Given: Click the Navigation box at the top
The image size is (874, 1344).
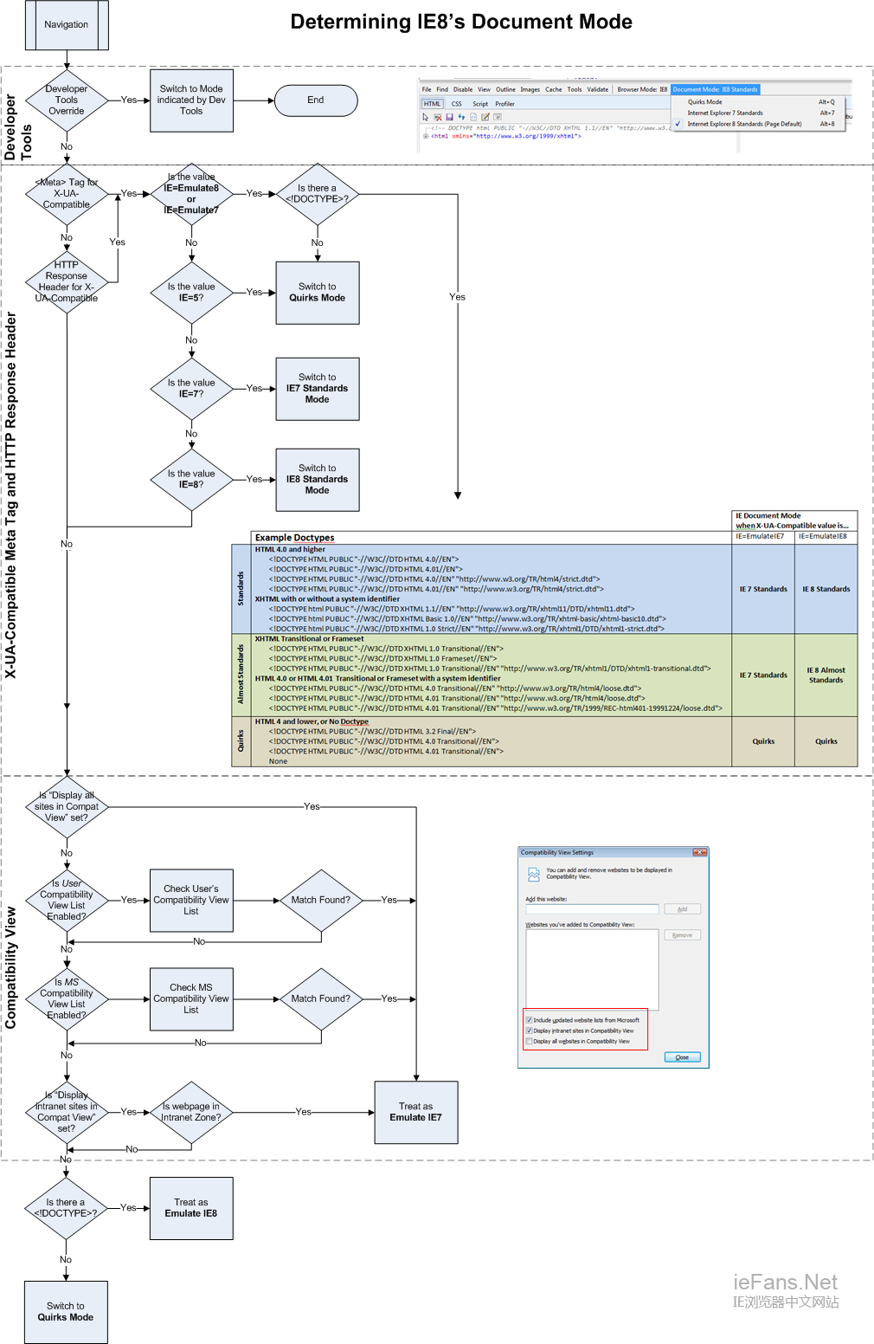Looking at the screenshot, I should pyautogui.click(x=67, y=25).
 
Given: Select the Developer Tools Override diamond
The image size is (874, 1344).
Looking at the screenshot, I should pyautogui.click(x=67, y=100).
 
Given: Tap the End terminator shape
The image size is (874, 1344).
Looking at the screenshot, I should pyautogui.click(x=316, y=100).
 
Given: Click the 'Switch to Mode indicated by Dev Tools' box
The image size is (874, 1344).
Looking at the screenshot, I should pyautogui.click(x=191, y=100).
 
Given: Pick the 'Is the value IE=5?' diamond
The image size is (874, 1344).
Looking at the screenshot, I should pyautogui.click(x=191, y=293).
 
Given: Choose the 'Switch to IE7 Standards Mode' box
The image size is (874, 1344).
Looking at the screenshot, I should pyautogui.click(x=318, y=389).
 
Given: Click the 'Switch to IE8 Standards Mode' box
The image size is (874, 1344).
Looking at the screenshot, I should pyautogui.click(x=318, y=480).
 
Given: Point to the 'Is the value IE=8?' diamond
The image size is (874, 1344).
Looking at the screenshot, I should pyautogui.click(x=191, y=479).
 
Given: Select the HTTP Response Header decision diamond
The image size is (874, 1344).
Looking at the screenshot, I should pyautogui.click(x=67, y=281).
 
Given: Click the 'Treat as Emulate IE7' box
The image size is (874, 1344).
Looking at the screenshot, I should pyautogui.click(x=415, y=1113).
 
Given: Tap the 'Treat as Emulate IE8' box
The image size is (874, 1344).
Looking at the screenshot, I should pyautogui.click(x=191, y=1208).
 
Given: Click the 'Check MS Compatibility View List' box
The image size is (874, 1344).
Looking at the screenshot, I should pyautogui.click(x=191, y=999).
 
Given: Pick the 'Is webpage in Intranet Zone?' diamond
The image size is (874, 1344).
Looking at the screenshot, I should pyautogui.click(x=191, y=1112).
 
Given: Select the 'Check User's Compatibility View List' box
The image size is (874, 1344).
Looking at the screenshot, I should pyautogui.click(x=191, y=901).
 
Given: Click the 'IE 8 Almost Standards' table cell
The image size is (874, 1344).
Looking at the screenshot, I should pyautogui.click(x=826, y=675).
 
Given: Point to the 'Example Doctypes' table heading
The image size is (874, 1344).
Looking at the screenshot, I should pyautogui.click(x=294, y=538).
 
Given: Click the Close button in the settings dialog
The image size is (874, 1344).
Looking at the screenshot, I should pyautogui.click(x=682, y=1057).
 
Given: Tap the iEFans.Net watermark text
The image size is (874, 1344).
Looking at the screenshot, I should pyautogui.click(x=785, y=1283).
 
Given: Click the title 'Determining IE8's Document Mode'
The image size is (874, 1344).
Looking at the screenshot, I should pyautogui.click(x=461, y=23).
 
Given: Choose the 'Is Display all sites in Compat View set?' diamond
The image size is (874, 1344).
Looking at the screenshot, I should pyautogui.click(x=67, y=807).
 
